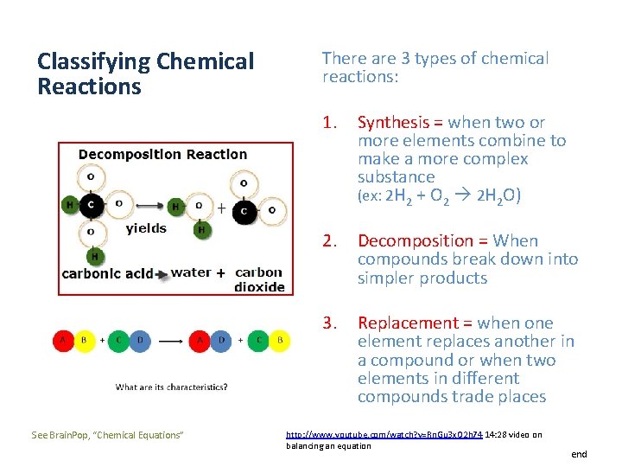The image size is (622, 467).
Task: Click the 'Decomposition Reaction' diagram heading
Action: [x=162, y=155]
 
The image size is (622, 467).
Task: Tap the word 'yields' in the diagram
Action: [x=146, y=228]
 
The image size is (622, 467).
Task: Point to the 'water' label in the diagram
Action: [x=191, y=272]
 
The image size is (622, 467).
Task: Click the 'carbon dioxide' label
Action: [x=259, y=279]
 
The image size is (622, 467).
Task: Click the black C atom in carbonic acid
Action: [x=92, y=205]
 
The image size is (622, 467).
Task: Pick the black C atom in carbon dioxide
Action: [x=244, y=210]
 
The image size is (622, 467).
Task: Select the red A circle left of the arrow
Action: [x=62, y=340]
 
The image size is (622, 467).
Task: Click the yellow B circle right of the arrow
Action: [x=279, y=340]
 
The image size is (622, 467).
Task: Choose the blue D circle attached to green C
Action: [x=140, y=340]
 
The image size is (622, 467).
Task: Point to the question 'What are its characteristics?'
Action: [x=172, y=387]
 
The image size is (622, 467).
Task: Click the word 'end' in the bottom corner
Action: [x=578, y=454]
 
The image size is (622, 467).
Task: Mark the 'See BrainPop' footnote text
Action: [x=107, y=434]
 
